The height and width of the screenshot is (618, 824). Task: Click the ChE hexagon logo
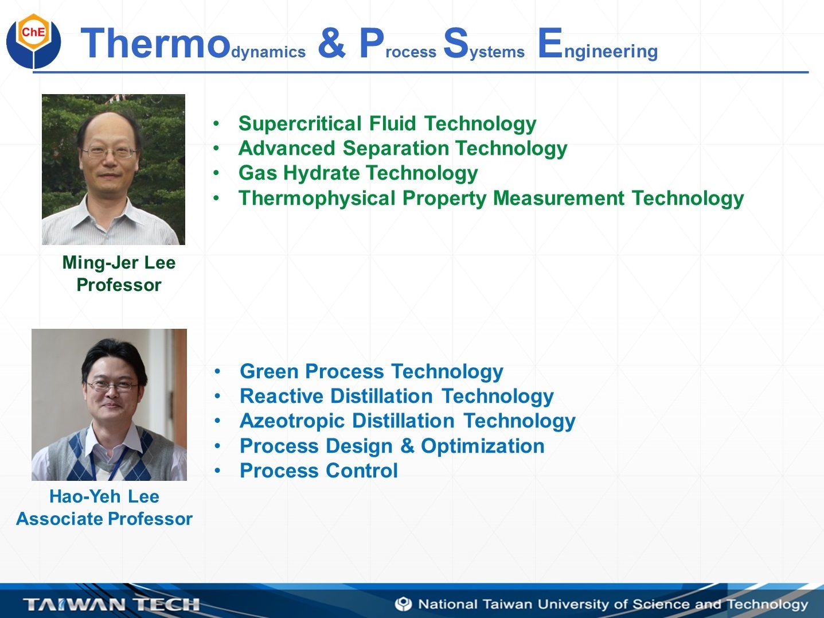pos(34,41)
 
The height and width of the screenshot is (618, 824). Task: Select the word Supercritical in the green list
pos(300,123)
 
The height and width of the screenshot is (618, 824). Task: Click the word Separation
pos(396,149)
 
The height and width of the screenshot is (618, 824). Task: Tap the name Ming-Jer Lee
pos(119,263)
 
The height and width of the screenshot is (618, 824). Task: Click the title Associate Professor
pos(104,519)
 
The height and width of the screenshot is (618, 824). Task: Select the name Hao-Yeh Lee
pos(104,496)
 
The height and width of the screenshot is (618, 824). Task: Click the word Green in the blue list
pos(269,371)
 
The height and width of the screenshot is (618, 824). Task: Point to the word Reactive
pos(282,396)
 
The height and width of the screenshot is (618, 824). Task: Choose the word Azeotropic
pos(292,421)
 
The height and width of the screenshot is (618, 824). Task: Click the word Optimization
pos(482,446)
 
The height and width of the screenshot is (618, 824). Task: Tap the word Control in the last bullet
pos(361,471)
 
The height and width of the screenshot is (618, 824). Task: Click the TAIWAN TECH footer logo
pos(111,604)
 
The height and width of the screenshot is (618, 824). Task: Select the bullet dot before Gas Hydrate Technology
pos(216,173)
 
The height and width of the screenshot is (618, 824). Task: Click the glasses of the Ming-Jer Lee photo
pos(109,152)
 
